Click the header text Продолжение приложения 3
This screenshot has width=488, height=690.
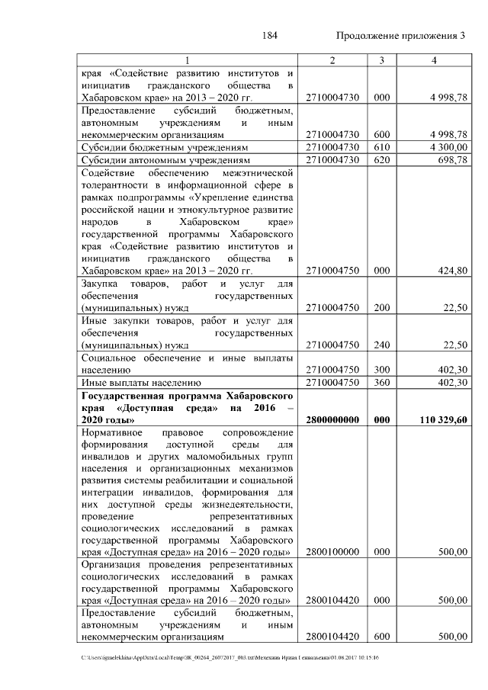pyautogui.click(x=400, y=37)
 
